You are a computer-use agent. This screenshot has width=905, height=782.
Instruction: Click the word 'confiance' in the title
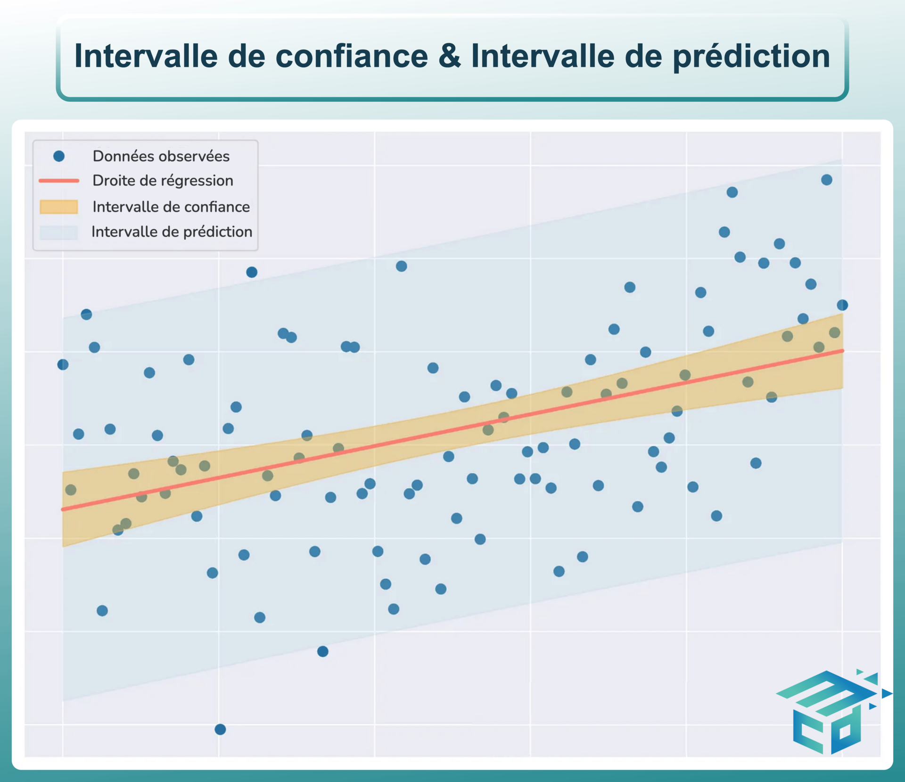click(x=352, y=56)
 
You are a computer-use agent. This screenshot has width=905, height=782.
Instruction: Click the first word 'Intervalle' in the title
click(x=146, y=56)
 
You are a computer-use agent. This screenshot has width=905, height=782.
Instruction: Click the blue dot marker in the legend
click(x=59, y=156)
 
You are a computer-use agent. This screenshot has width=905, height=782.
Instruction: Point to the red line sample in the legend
click(x=59, y=181)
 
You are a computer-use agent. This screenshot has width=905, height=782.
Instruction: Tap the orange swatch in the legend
click(x=59, y=207)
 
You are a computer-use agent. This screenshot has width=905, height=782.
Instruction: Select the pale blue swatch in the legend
click(x=59, y=232)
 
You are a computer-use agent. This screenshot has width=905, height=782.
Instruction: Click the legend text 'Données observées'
click(x=161, y=156)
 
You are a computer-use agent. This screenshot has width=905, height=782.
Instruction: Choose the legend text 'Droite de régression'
click(x=163, y=181)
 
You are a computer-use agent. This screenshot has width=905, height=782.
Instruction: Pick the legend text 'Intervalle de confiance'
click(x=171, y=207)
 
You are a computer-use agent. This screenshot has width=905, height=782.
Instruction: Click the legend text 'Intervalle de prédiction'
click(x=172, y=232)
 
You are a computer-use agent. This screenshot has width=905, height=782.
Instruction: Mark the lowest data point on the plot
click(x=220, y=729)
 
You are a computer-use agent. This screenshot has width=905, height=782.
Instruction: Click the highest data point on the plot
click(x=827, y=180)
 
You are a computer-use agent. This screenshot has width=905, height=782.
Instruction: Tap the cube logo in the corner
click(x=833, y=712)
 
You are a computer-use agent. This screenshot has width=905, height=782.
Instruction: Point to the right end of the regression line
click(x=842, y=351)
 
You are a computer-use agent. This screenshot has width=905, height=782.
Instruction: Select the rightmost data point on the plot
click(x=842, y=305)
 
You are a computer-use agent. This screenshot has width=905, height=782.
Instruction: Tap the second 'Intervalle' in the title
click(x=543, y=56)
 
